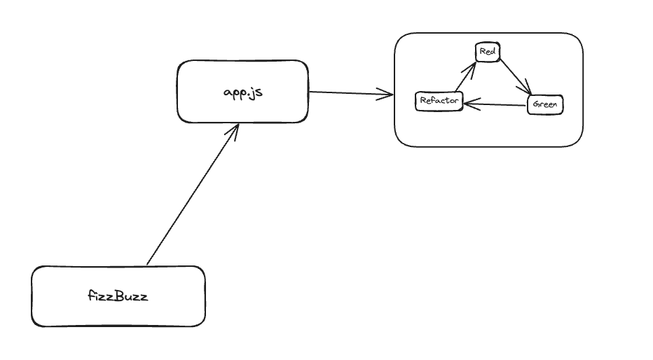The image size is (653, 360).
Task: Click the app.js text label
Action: point(242,92)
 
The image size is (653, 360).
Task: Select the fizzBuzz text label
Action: point(118,296)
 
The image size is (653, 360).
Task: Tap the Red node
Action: point(488,52)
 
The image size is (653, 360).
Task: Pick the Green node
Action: point(544,105)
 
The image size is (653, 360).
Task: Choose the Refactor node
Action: point(439,102)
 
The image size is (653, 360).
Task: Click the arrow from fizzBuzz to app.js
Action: point(193,195)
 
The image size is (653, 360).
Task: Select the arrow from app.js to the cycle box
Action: point(350,92)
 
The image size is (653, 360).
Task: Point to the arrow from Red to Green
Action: point(515,76)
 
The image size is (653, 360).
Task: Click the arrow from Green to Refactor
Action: point(494,105)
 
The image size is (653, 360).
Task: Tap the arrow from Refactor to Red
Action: point(465,78)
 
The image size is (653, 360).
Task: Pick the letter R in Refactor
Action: point(422,102)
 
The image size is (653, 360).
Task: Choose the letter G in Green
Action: point(536,105)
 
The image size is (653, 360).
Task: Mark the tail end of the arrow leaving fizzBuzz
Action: point(148,264)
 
